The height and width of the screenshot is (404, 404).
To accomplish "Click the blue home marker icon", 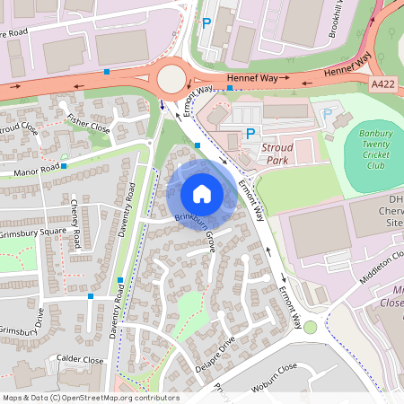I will coord(202,194).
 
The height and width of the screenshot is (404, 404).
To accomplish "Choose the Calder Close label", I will coord(81,358).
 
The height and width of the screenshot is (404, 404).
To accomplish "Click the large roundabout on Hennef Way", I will coord(171,79).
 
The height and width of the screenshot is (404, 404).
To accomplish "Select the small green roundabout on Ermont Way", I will coord(310,327).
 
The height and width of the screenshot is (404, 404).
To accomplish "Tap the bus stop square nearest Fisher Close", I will coord(107,70).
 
